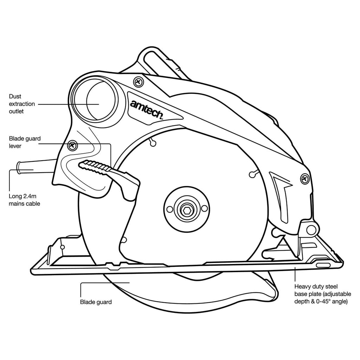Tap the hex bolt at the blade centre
pyautogui.click(x=186, y=210)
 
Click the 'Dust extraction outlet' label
pyautogui.click(x=22, y=104)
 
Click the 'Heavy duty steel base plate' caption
pyautogui.click(x=321, y=294)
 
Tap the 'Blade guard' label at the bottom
pyautogui.click(x=96, y=302)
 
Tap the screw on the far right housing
pyautogui.click(x=304, y=179)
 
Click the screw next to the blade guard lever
pyautogui.click(x=73, y=145)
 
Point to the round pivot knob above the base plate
pyautogui.click(x=311, y=230)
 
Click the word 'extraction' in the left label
pyautogui.click(x=22, y=104)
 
